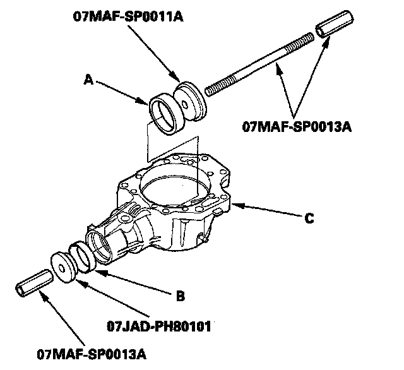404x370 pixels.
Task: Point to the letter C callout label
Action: click(x=308, y=218)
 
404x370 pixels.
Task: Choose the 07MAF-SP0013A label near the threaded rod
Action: click(x=297, y=125)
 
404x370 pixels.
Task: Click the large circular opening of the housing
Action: click(x=173, y=186)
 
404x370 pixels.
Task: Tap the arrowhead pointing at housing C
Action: click(x=235, y=204)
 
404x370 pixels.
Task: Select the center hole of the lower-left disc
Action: click(x=64, y=266)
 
